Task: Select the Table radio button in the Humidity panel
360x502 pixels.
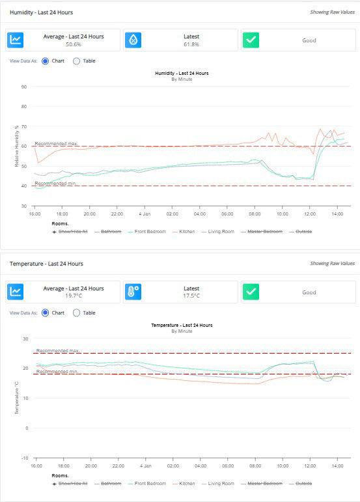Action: (x=76, y=61)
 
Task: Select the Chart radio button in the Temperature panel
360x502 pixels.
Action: (x=45, y=313)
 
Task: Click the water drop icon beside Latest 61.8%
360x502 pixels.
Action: (x=133, y=40)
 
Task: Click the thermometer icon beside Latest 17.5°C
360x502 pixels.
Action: (x=133, y=292)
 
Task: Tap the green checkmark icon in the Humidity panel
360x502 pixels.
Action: (x=251, y=40)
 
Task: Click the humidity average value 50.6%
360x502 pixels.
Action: (x=73, y=45)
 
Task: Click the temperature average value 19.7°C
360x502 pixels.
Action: (x=73, y=296)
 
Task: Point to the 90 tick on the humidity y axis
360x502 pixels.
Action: (x=24, y=87)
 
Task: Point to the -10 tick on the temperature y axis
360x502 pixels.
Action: (x=23, y=458)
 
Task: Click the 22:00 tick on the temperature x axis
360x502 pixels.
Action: (x=118, y=466)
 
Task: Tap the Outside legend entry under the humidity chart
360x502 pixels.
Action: (x=304, y=231)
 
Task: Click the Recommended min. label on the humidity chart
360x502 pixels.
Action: (x=56, y=183)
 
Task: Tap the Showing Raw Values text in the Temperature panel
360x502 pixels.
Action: (x=332, y=264)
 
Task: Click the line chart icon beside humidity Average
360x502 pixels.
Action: (x=16, y=40)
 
